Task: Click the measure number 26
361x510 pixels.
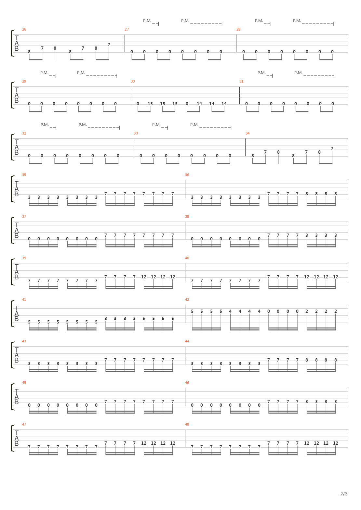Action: [24, 29]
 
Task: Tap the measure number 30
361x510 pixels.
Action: [133, 81]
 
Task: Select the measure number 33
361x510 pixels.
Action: [136, 133]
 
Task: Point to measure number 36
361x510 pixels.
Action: [187, 175]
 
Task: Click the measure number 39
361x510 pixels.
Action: [24, 258]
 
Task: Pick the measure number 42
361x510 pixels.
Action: [187, 300]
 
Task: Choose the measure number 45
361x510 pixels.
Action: [24, 383]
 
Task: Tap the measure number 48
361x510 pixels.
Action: [187, 424]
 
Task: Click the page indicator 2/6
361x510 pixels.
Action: [344, 494]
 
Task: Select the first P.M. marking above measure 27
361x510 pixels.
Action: [147, 21]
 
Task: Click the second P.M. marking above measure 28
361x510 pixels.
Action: [297, 21]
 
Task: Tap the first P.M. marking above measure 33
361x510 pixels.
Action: [156, 125]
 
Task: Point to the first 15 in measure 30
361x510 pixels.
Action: [150, 104]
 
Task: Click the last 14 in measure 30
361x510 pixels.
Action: [224, 104]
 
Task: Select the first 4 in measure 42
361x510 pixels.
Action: [230, 311]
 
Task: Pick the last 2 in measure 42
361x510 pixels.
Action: [336, 311]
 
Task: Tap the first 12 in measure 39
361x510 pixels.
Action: [144, 277]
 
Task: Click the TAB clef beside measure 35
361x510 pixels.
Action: [17, 189]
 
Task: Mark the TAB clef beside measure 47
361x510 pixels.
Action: [17, 439]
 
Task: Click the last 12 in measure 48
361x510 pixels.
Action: [336, 443]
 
